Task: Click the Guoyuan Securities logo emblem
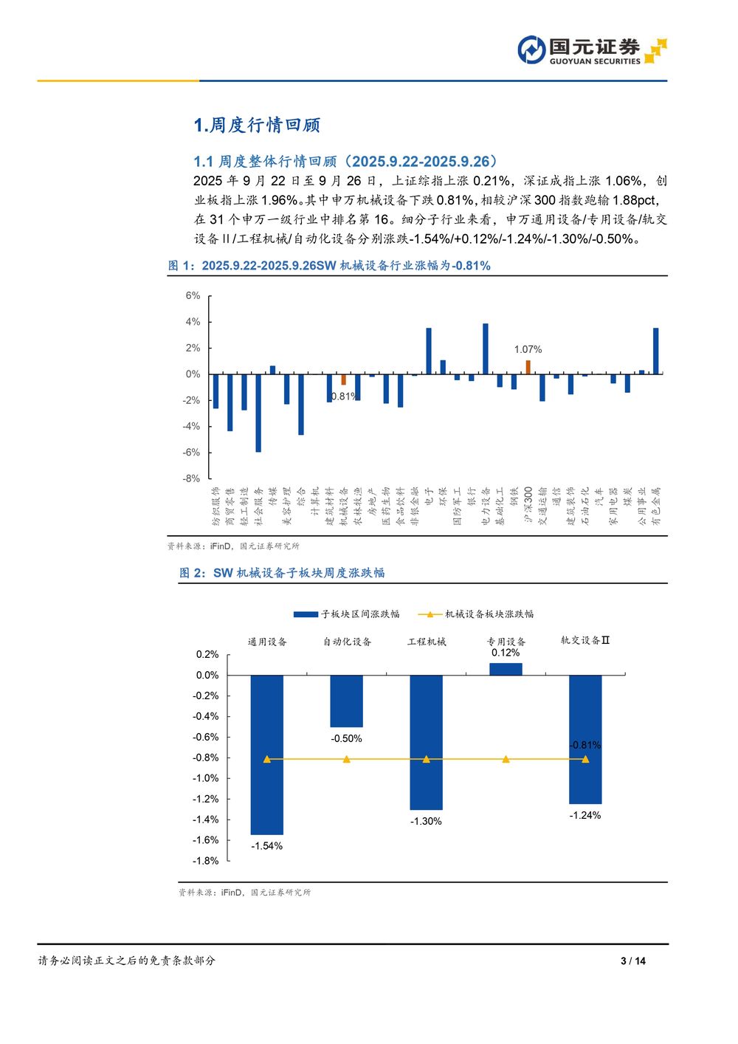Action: (531, 50)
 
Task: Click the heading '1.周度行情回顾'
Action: (257, 126)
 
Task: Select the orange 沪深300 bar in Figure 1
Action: (528, 367)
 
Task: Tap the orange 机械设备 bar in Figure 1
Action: (343, 379)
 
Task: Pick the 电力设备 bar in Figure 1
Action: (486, 348)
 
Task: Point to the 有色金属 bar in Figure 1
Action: (656, 351)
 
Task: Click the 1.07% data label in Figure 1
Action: (528, 349)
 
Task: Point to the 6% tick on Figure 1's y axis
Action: (193, 296)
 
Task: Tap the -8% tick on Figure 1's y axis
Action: (191, 478)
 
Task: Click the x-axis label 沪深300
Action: (528, 505)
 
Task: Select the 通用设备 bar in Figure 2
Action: (266, 755)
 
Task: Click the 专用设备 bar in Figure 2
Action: (506, 669)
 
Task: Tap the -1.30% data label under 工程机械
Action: (426, 821)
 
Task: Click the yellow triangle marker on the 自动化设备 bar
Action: (347, 759)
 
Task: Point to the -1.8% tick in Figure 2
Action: (206, 861)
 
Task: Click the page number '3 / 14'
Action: (633, 961)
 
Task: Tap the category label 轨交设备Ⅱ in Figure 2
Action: (585, 641)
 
